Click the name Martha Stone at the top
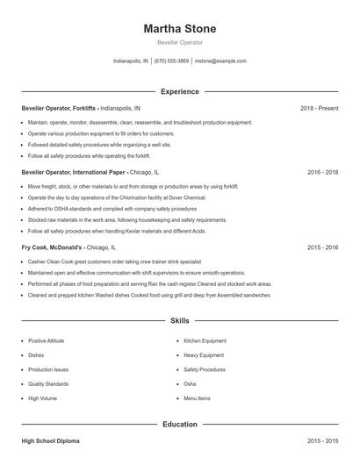(x=179, y=29)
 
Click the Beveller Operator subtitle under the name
(x=179, y=43)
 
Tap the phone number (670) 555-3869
(x=171, y=61)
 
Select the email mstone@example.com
(x=220, y=61)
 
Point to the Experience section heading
(x=179, y=91)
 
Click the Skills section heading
(x=179, y=322)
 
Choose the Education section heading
(x=179, y=425)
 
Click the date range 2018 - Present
(x=319, y=108)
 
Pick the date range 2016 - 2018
(x=322, y=173)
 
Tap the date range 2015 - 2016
(x=322, y=248)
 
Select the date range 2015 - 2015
(x=322, y=440)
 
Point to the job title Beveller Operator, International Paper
(x=75, y=173)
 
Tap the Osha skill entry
(x=190, y=384)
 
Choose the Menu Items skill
(x=197, y=398)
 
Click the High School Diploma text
(x=52, y=440)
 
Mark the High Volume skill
(x=42, y=398)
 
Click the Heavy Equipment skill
(x=203, y=355)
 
